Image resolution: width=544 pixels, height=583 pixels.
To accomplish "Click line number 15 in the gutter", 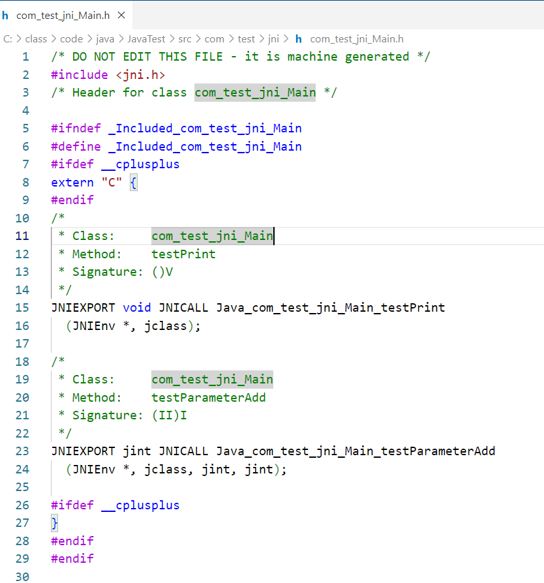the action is tap(22, 307).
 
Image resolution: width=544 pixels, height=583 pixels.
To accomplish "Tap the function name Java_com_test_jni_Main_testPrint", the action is tap(330, 307).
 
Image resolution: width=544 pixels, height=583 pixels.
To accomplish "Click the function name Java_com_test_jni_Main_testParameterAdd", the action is tap(355, 451).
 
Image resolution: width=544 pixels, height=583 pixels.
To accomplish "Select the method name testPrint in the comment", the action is tap(183, 254).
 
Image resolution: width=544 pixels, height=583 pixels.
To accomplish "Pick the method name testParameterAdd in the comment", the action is tap(209, 397).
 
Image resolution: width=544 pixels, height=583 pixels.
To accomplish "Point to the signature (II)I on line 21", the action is tap(169, 415).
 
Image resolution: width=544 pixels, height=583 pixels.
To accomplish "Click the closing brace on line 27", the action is tap(55, 522).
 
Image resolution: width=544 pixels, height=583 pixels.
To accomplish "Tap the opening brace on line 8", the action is tap(133, 183).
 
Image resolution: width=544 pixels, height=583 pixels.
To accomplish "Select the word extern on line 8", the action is tap(72, 183).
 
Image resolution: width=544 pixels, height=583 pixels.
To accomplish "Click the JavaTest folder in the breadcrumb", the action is tap(147, 39).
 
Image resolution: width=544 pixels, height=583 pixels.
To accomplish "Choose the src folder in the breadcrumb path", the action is tap(185, 39).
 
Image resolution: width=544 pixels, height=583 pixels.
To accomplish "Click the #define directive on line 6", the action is tap(76, 147).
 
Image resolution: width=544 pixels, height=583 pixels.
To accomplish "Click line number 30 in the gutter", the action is tap(22, 576).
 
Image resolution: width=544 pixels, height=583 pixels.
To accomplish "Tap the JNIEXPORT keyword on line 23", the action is tap(83, 451).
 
